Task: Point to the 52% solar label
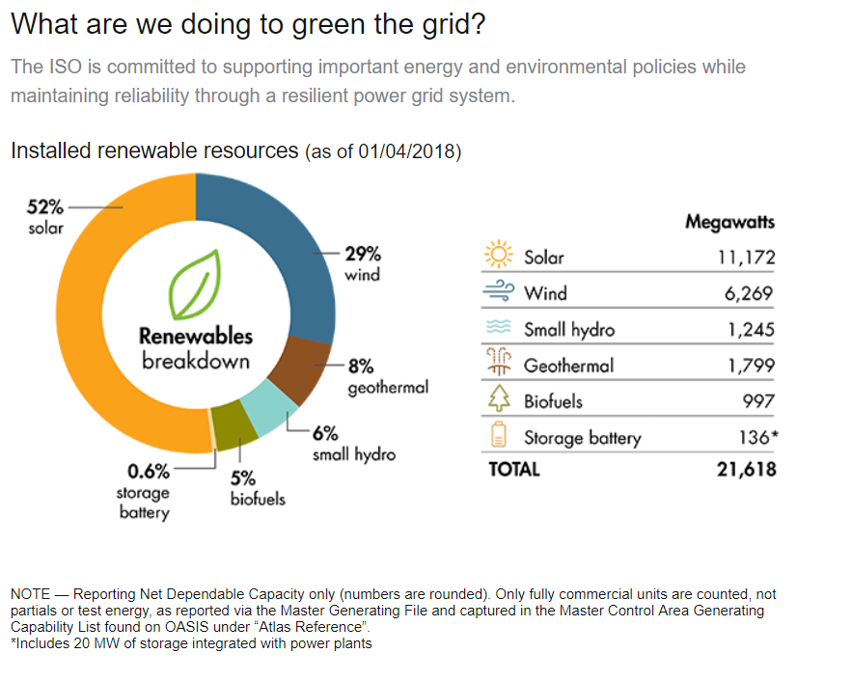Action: point(44,206)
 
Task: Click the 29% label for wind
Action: point(363,255)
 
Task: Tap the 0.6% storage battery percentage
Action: point(149,472)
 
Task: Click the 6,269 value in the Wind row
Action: point(750,293)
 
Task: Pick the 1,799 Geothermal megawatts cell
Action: point(752,366)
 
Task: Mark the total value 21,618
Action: point(746,470)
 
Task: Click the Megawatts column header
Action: point(729,222)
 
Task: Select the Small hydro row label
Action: point(568,330)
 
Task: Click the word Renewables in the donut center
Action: point(196,337)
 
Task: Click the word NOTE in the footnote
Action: point(29,594)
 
